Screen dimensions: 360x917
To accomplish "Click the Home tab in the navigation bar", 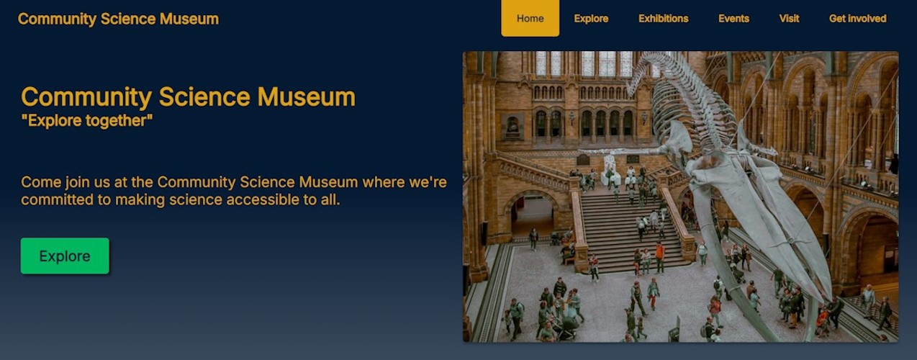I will pos(530,19).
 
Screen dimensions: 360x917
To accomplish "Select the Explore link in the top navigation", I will pos(591,19).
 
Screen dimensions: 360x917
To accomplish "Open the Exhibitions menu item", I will pos(663,19).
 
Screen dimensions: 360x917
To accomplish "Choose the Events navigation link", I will pos(733,19).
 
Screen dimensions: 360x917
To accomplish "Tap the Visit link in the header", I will pos(789,19).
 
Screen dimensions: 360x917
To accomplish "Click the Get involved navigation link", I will pos(857,19).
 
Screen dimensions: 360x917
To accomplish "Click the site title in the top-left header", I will pos(118,19).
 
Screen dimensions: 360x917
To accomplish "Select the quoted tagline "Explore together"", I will pos(86,121).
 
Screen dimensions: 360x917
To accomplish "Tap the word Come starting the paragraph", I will pos(40,182).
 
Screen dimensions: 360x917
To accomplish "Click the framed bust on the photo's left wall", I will pos(512,126).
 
